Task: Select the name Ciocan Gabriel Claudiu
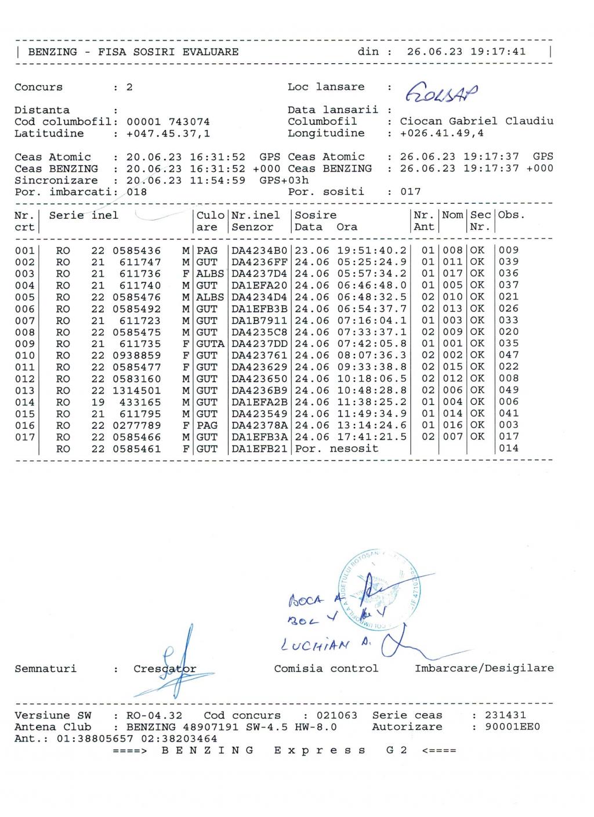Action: point(476,121)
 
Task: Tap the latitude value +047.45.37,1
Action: point(168,133)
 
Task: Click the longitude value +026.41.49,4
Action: point(442,133)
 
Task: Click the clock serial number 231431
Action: point(505,715)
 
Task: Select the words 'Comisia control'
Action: point(326,668)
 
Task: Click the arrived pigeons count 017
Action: point(410,191)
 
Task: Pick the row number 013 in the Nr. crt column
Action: point(24,390)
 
